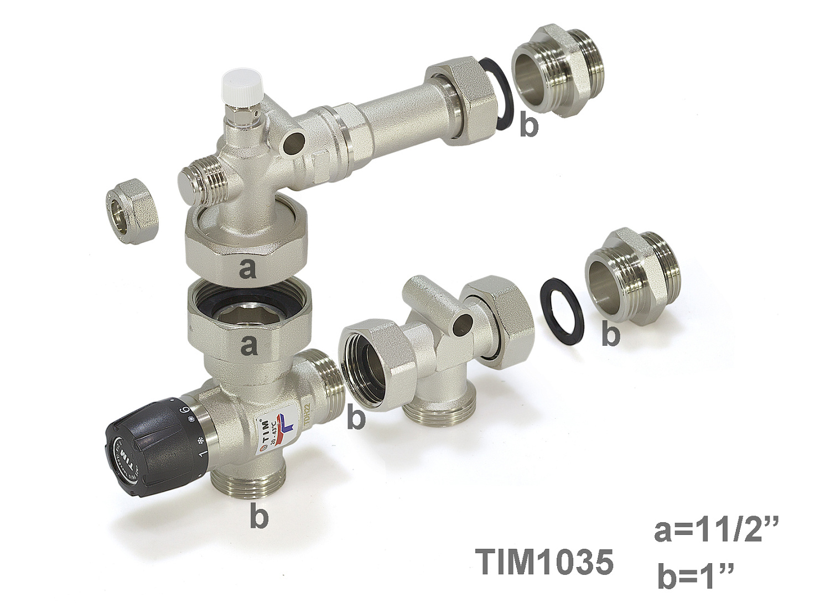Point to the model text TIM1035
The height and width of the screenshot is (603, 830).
click(546, 562)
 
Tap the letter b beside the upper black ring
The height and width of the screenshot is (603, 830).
click(528, 126)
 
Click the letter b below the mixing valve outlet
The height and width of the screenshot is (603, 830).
click(258, 517)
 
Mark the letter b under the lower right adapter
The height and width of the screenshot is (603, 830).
click(610, 335)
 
